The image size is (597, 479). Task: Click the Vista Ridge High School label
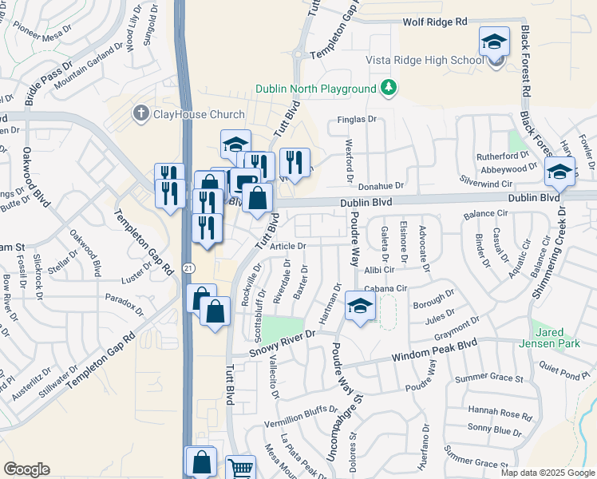(x=424, y=61)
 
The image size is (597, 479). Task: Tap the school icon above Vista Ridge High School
(x=495, y=42)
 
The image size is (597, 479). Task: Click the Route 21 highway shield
(x=187, y=266)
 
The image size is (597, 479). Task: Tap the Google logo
(x=26, y=469)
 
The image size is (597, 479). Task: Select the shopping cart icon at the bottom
(x=239, y=468)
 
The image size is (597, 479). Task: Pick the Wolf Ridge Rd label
(x=434, y=24)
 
